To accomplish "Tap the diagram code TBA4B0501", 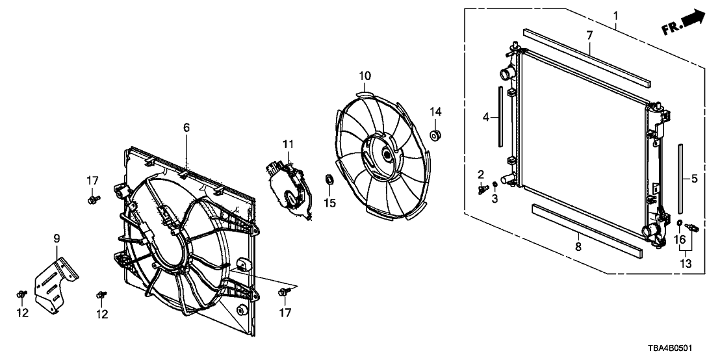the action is [x=671, y=348].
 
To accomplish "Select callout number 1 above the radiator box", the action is [x=616, y=16].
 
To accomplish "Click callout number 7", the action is [x=589, y=34].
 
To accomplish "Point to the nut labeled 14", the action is [x=435, y=136].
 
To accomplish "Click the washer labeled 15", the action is [x=329, y=179].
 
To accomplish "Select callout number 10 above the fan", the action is [x=365, y=75].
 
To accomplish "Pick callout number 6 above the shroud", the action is [x=186, y=127].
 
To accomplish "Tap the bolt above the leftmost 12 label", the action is [x=22, y=294].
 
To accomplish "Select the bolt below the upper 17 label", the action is [x=93, y=199].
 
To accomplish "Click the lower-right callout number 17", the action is [x=286, y=313].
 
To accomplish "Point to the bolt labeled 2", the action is [x=482, y=188].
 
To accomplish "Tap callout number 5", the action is [x=694, y=178].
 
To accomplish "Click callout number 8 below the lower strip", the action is [x=578, y=246].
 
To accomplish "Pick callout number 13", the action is [x=686, y=264].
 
